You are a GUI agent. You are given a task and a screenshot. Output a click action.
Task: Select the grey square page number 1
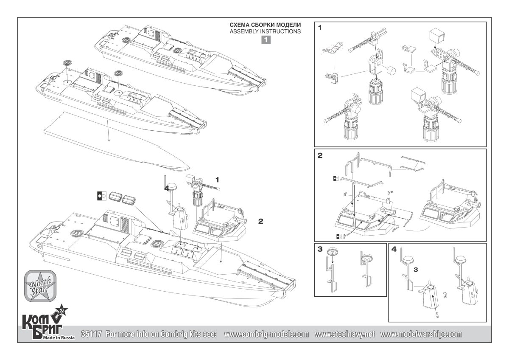click(x=265, y=40)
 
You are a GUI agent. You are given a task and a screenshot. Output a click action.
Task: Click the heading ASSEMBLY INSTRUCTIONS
click(x=265, y=31)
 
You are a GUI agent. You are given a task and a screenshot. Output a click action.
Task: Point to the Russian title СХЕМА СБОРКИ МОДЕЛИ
click(x=265, y=25)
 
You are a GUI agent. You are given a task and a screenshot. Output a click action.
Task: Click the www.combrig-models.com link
click(x=266, y=334)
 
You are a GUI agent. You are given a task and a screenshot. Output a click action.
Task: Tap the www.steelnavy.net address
click(x=345, y=334)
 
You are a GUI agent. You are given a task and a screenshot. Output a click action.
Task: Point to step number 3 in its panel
click(x=320, y=250)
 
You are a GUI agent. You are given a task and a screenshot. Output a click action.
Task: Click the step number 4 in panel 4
click(x=394, y=250)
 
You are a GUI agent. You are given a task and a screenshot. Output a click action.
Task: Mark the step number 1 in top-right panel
click(x=320, y=28)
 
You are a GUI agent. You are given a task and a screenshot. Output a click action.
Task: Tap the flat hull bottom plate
click(x=115, y=140)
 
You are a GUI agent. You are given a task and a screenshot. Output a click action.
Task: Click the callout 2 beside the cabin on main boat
click(x=261, y=221)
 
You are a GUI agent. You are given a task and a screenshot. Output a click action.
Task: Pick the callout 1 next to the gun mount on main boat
click(x=217, y=180)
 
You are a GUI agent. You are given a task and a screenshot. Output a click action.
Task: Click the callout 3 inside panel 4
click(x=416, y=270)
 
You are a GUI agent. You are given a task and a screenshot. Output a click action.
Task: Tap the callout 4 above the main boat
click(x=167, y=188)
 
